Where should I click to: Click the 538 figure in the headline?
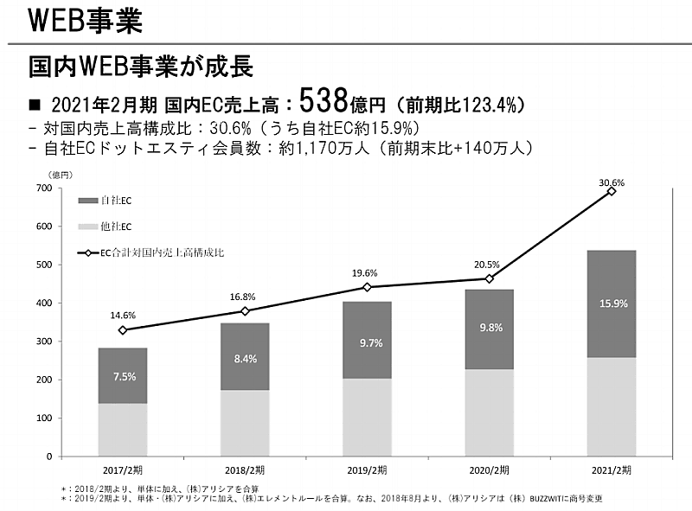pos(324,102)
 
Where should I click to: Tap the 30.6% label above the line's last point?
pos(612,182)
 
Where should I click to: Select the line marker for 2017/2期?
pos(122,330)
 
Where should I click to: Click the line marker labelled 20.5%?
pos(489,278)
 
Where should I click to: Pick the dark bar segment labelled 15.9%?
pos(612,303)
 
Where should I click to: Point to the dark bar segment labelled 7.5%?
pos(122,376)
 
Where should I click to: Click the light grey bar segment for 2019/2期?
pos(367,417)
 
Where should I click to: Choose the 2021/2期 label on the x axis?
pos(612,470)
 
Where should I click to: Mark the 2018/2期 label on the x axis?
pos(245,470)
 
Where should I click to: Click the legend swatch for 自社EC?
pos(88,201)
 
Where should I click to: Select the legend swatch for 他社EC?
pos(88,227)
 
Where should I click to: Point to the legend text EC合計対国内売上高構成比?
pos(164,253)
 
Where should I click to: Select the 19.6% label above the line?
pos(367,273)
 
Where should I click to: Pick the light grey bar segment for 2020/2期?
pos(489,412)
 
